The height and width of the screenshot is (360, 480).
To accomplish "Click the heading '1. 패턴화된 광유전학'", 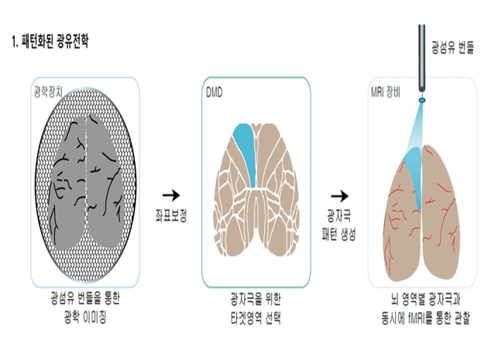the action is [x=50, y=41].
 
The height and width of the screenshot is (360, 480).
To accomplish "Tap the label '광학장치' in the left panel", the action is [x=48, y=92].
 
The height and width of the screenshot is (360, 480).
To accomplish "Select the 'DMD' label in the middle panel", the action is [x=214, y=92].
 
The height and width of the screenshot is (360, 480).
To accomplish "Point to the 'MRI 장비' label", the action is [x=385, y=92].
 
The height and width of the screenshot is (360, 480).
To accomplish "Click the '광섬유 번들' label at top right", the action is [x=452, y=47].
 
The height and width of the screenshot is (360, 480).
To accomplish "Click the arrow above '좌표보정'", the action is [x=171, y=195].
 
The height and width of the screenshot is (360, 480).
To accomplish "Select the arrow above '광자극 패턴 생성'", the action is [x=340, y=196].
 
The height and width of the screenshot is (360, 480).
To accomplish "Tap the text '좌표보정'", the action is [x=171, y=215].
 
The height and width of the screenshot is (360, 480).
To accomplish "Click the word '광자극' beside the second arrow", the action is [x=340, y=215].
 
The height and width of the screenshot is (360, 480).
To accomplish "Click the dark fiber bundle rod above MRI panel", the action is [x=422, y=58].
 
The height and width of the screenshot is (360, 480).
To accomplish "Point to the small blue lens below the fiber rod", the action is [x=422, y=100].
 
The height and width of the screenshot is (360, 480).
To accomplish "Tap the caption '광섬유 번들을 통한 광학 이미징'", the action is [x=85, y=307].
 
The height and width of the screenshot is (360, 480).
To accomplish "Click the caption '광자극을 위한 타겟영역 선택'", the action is [x=256, y=308].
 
